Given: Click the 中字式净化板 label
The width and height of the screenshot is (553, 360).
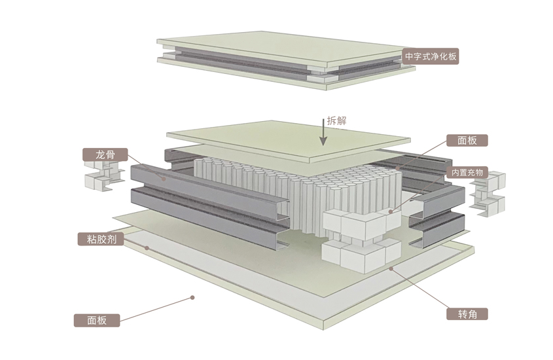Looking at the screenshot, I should click(431, 57).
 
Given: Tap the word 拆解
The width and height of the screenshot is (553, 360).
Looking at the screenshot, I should click(337, 120).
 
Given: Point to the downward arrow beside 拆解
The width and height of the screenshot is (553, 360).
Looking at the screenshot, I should click(323, 132).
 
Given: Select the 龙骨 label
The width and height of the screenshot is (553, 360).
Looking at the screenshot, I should click(103, 154).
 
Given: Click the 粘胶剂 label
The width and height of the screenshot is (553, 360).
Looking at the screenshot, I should click(97, 239).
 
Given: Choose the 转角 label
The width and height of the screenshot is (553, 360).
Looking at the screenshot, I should click(467, 314).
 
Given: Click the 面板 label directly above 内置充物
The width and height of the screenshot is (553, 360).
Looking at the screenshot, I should click(467, 140).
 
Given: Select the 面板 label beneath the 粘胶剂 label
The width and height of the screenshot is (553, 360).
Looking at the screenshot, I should click(97, 320).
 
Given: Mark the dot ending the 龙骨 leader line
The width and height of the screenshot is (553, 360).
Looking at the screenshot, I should click(164, 177).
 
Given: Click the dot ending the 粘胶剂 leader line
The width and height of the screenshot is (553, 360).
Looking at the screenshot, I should click(147, 248).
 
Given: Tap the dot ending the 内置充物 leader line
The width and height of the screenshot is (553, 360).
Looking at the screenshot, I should click(391, 211).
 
